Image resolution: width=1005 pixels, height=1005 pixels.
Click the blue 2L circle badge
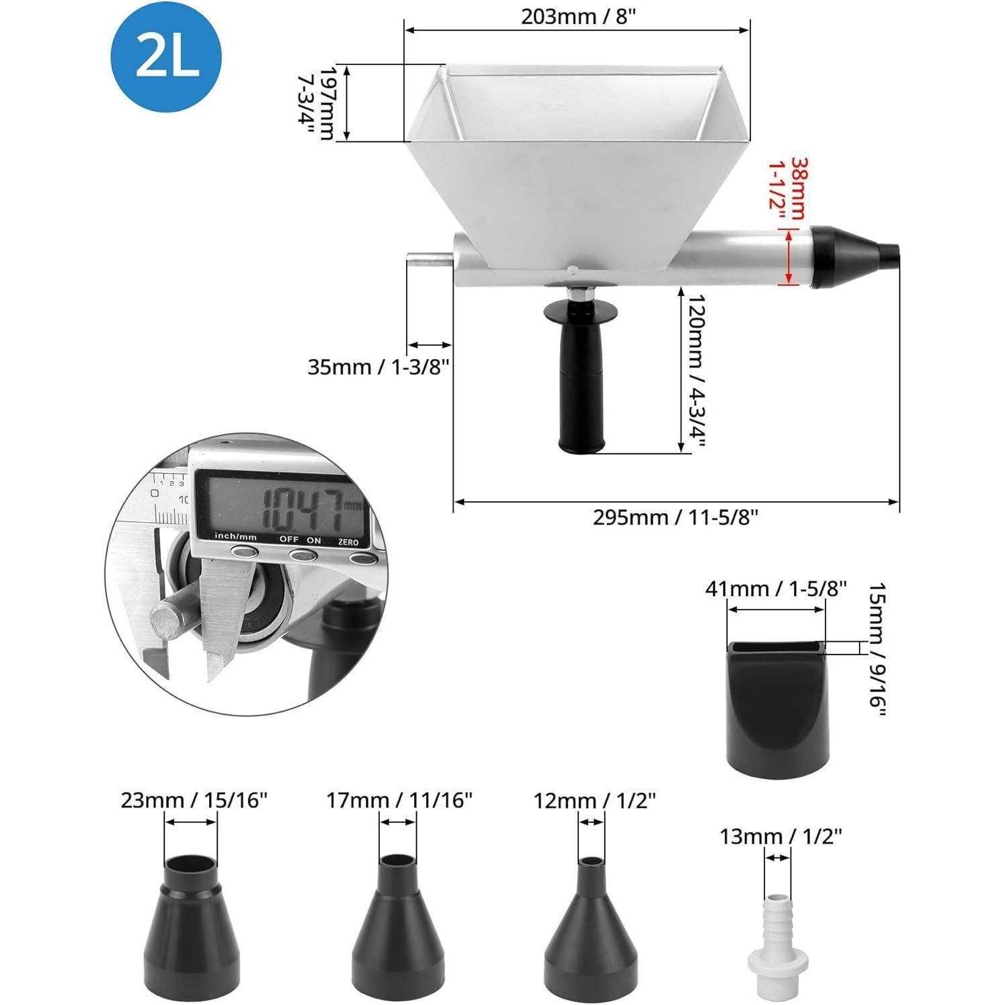click(165, 57)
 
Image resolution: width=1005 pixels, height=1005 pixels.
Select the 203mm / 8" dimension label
click(578, 17)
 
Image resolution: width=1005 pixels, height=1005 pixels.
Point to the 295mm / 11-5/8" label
click(675, 517)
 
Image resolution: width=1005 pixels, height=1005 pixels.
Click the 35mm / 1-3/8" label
click(378, 367)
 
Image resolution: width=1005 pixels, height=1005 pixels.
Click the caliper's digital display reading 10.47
click(281, 507)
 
